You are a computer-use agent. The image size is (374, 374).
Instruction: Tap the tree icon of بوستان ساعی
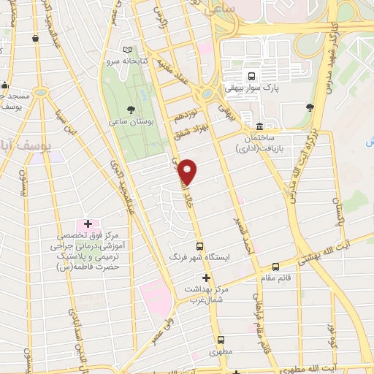click(x=131, y=109)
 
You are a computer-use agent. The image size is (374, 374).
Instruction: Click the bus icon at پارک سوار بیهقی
click(x=251, y=76)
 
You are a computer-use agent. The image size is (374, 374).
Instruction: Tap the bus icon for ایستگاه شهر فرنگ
click(x=200, y=246)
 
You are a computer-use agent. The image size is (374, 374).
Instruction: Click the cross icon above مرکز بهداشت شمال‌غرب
click(x=206, y=278)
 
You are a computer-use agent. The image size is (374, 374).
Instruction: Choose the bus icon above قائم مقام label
click(x=275, y=267)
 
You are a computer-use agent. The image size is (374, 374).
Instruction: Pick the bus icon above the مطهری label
click(x=221, y=340)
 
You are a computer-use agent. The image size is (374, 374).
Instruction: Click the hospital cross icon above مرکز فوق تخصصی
click(x=88, y=223)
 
